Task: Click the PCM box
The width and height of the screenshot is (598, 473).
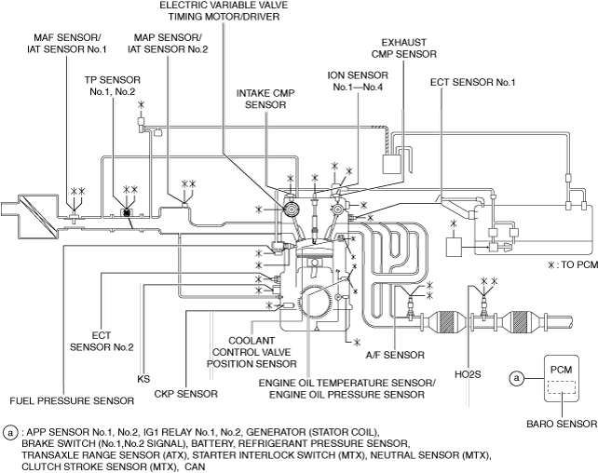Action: tap(560, 380)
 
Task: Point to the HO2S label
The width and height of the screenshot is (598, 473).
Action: tap(469, 375)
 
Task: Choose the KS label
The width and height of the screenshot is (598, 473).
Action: tap(143, 379)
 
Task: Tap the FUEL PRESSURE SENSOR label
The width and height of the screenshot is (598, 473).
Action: tap(72, 400)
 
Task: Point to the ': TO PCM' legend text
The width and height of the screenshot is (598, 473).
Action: tap(569, 265)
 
